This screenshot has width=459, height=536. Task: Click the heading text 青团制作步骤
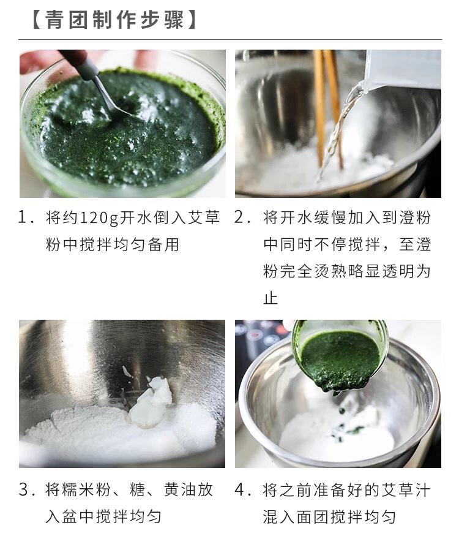coord(114,20)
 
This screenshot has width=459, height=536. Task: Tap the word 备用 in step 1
coord(163,244)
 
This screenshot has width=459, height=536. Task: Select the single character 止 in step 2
coord(271,298)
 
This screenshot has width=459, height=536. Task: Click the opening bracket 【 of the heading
coord(35,20)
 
